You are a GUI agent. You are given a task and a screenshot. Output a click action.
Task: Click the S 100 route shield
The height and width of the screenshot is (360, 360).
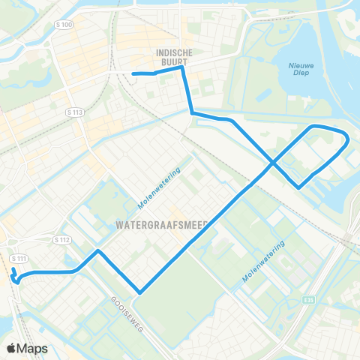66,25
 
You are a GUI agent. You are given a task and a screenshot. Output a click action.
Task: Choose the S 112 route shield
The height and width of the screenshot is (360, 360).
62,240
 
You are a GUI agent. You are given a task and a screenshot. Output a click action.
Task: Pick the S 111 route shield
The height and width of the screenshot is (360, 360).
19,258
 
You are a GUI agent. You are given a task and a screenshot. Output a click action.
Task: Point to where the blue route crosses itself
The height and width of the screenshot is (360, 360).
272,161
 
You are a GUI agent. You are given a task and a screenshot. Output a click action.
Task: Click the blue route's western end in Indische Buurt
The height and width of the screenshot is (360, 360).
133,73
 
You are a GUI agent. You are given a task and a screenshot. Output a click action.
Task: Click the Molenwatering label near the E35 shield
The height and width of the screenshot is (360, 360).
263,262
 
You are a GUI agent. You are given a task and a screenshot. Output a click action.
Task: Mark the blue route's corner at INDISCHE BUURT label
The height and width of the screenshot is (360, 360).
182,67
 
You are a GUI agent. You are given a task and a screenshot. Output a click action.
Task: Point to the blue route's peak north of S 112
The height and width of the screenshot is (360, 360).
98,250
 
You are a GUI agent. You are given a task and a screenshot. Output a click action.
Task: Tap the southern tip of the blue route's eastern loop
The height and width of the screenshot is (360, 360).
298,187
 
